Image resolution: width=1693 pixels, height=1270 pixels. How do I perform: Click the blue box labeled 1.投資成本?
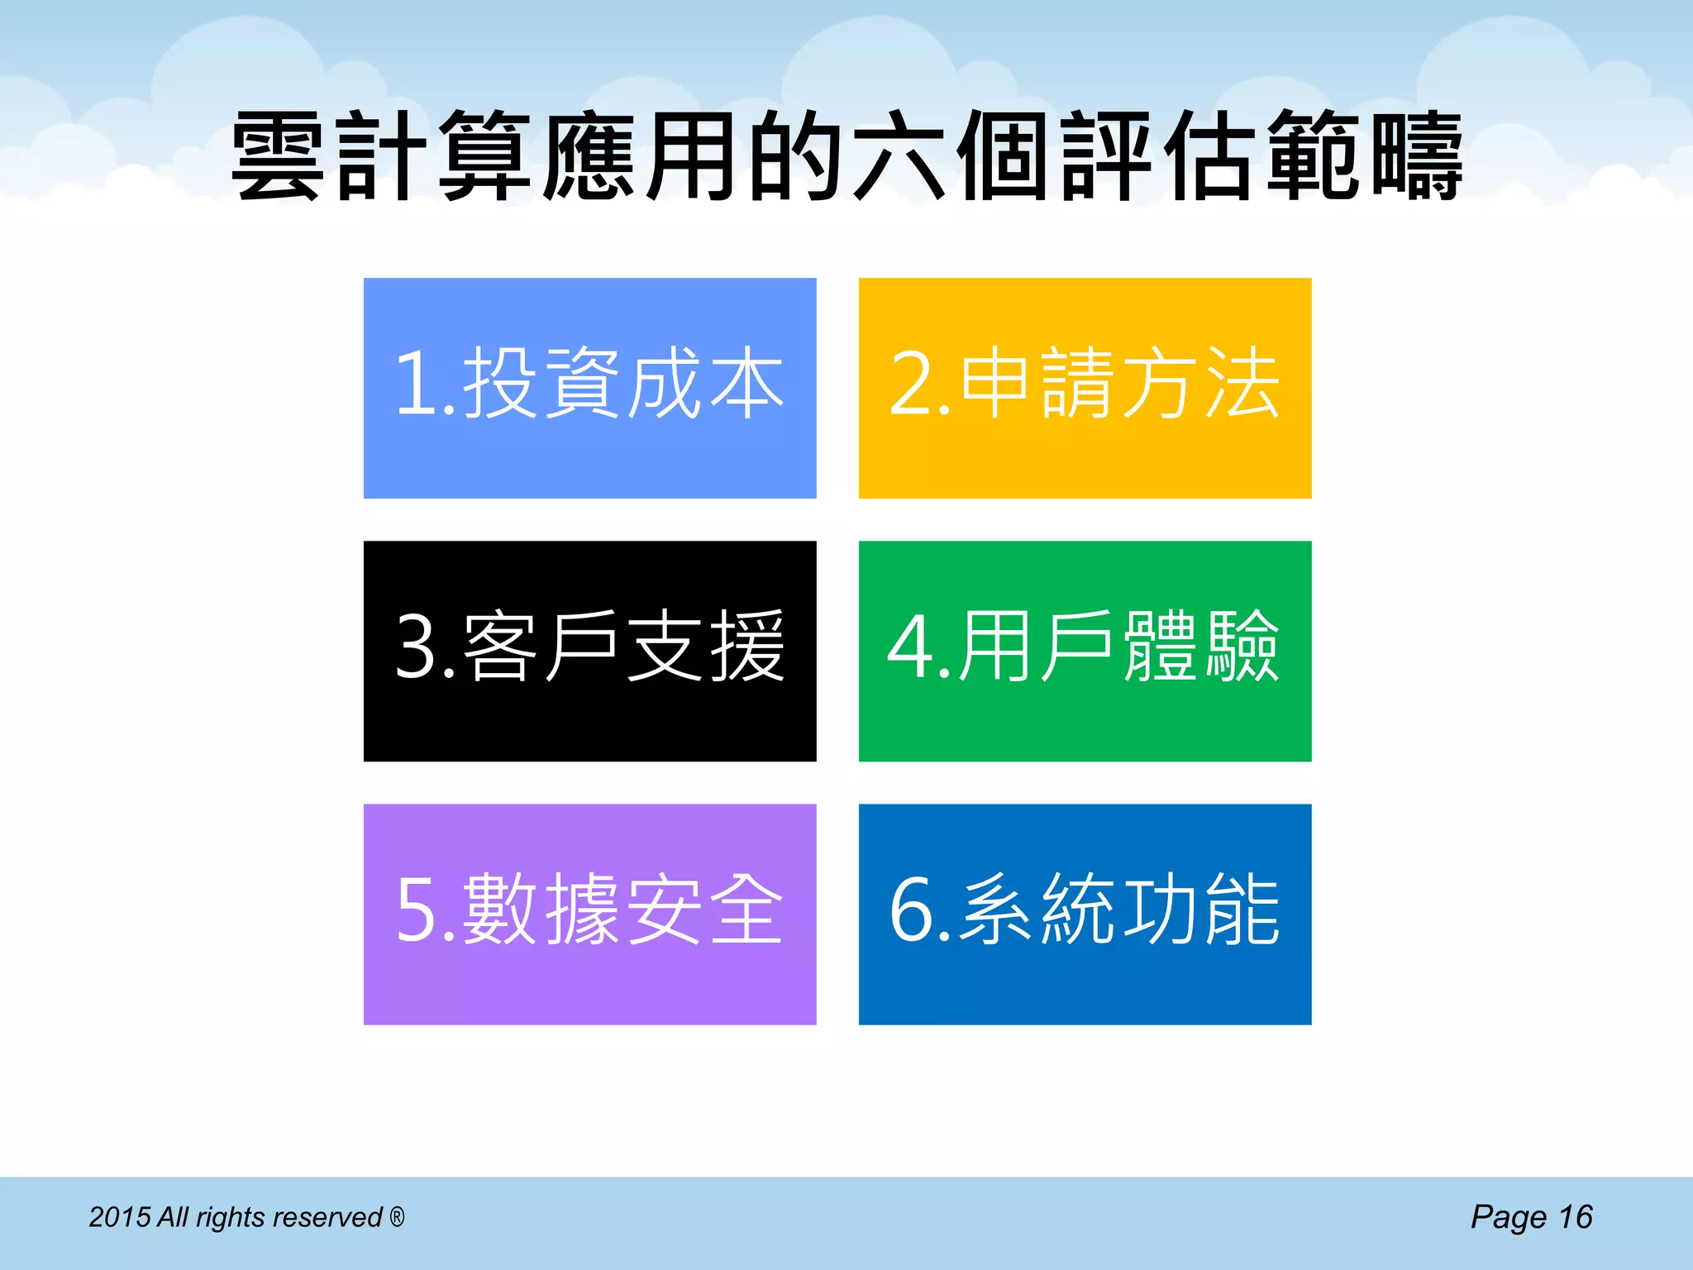[x=589, y=388]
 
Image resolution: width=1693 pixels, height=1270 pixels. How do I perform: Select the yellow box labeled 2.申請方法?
[x=1085, y=388]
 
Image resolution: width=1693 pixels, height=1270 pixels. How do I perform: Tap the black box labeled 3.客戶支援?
[x=589, y=651]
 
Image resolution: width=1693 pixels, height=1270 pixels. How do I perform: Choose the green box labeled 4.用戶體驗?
[x=1085, y=651]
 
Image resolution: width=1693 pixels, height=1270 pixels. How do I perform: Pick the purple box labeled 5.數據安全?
[x=589, y=914]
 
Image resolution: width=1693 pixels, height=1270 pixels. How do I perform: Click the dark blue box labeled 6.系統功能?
[x=1085, y=914]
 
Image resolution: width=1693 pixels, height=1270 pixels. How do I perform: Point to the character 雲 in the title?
[x=277, y=157]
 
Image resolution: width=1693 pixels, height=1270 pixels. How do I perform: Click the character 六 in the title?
[x=899, y=157]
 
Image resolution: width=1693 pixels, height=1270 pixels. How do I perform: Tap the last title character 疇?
[x=1416, y=157]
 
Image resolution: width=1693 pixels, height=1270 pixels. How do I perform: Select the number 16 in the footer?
[x=1575, y=1217]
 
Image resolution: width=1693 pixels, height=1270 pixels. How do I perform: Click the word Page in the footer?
[x=1508, y=1218]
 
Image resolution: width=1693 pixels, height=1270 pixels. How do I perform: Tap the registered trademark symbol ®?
[x=397, y=1216]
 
